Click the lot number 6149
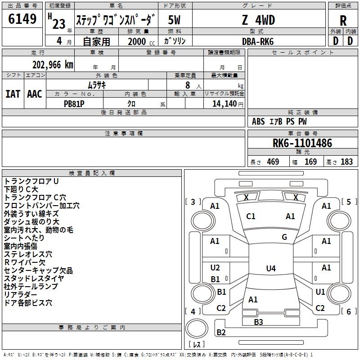pyautogui.click(x=22, y=19)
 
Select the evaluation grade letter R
pyautogui.click(x=343, y=20)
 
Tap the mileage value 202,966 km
pyautogui.click(x=53, y=64)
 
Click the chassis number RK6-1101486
pyautogui.click(x=302, y=144)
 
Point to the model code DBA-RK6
pyautogui.click(x=258, y=41)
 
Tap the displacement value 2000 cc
pyautogui.click(x=137, y=41)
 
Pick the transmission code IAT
pyautogui.click(x=13, y=94)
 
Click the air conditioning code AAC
pyautogui.click(x=35, y=94)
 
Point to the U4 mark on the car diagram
pyautogui.click(x=270, y=269)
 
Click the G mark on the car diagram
pyautogui.click(x=284, y=237)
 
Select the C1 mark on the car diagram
pyautogui.click(x=251, y=216)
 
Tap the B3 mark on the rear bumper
pyautogui.click(x=258, y=322)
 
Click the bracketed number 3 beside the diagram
pyautogui.click(x=193, y=202)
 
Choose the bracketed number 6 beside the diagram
pyautogui.click(x=348, y=311)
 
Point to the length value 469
pyautogui.click(x=273, y=162)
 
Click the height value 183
pyautogui.click(x=346, y=162)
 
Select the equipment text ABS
pyautogui.click(x=258, y=121)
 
